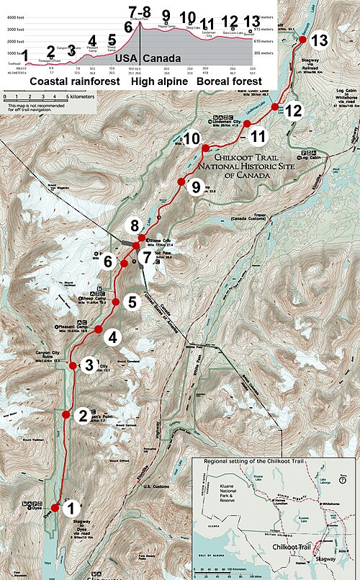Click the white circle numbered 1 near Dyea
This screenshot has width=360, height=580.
[71, 509]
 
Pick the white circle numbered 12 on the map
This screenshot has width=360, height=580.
[292, 111]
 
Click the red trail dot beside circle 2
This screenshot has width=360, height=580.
[66, 414]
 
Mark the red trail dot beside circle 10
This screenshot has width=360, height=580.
[205, 148]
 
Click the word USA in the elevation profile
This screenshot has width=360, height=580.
[123, 57]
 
